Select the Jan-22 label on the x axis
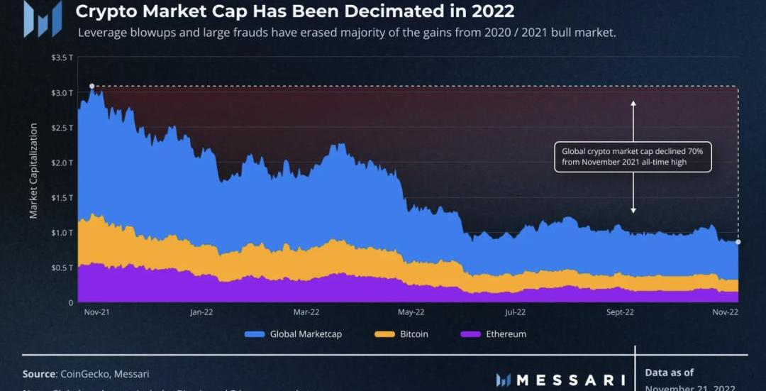[202, 312]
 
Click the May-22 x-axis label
[411, 312]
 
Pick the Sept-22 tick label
[619, 312]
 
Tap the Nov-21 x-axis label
[96, 312]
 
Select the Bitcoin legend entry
[404, 334]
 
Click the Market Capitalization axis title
[33, 171]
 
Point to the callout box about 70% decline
[633, 157]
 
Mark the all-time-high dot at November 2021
[92, 86]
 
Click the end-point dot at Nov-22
[738, 242]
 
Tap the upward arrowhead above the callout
[633, 104]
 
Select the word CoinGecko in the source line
[84, 373]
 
